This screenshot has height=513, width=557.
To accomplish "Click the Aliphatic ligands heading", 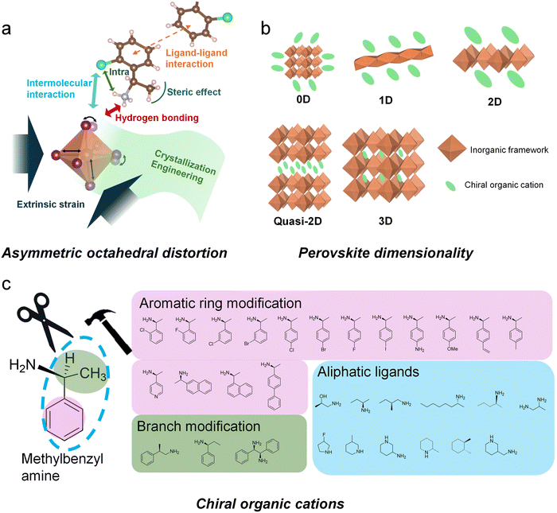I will pos(370,371).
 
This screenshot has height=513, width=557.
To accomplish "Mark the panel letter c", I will pos(7,284).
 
